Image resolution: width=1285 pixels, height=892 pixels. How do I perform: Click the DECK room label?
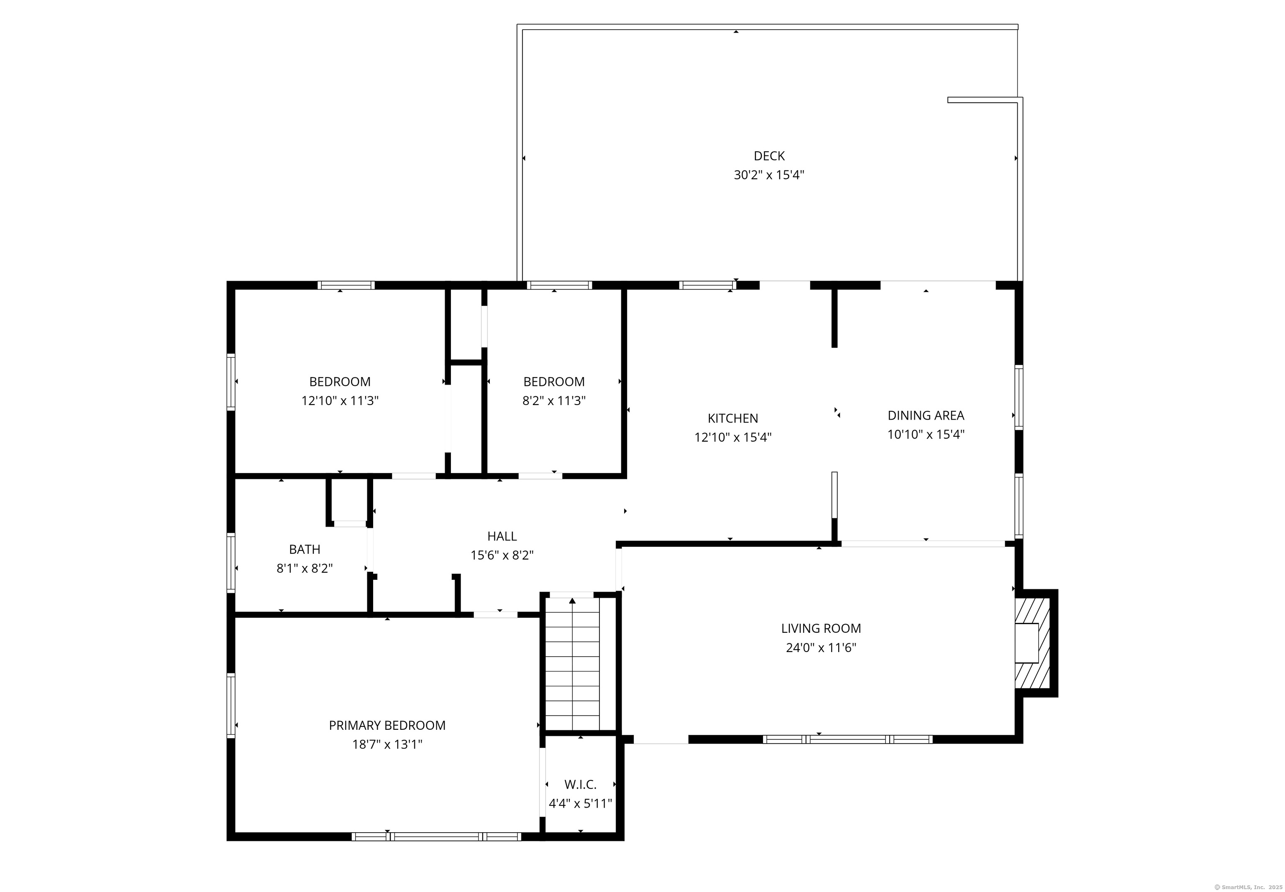[x=769, y=156]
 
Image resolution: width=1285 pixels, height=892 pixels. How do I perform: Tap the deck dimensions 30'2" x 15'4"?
[x=769, y=175]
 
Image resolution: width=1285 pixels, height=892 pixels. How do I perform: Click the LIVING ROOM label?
[x=821, y=628]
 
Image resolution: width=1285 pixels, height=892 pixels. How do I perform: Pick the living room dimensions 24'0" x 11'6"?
[x=821, y=648]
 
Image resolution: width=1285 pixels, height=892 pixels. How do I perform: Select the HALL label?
[x=502, y=536]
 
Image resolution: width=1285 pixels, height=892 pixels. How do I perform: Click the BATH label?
[x=305, y=549]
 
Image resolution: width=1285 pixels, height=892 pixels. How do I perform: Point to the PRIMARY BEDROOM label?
[x=387, y=726]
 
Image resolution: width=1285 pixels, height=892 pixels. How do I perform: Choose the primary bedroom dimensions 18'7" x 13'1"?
[x=387, y=744]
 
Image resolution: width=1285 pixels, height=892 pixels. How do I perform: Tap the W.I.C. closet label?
[x=581, y=785]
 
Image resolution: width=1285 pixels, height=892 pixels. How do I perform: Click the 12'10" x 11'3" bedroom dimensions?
[x=340, y=401]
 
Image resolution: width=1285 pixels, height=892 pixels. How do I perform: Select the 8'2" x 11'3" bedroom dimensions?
[x=554, y=401]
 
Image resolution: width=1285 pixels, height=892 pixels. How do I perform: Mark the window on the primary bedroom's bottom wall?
[x=436, y=837]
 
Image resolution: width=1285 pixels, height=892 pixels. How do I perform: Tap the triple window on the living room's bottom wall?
[x=848, y=739]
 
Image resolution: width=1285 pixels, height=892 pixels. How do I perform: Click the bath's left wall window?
[x=230, y=562]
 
